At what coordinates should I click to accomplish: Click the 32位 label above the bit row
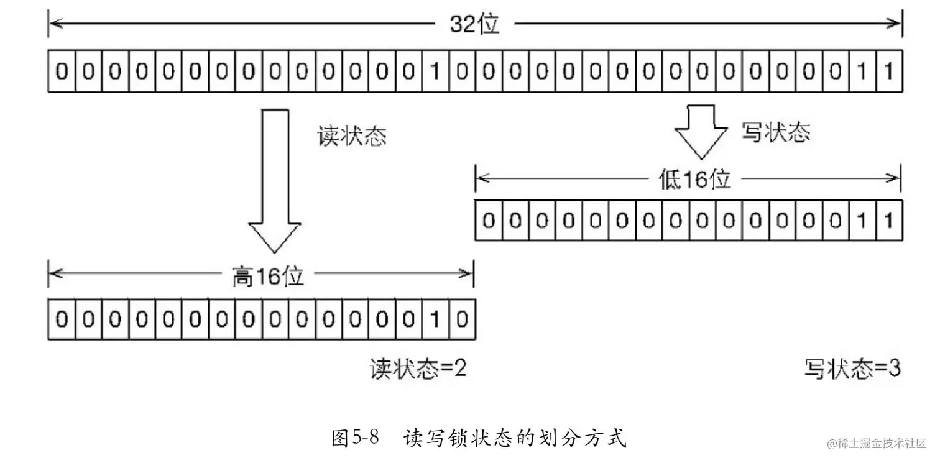[474, 24]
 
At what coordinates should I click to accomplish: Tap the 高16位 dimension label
[268, 277]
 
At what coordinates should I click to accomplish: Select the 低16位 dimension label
[695, 179]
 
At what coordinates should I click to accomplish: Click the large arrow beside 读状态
[275, 181]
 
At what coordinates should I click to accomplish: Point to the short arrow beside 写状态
[701, 132]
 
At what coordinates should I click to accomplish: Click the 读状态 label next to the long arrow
[352, 136]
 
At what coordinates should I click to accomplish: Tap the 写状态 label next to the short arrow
[776, 132]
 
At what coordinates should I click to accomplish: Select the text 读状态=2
[418, 369]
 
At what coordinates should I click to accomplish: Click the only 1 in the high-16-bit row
[435, 319]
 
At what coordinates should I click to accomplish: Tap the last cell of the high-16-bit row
[462, 319]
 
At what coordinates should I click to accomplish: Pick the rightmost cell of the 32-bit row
[889, 71]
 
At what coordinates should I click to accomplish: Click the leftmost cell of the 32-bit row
[62, 71]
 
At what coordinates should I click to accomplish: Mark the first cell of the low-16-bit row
[489, 221]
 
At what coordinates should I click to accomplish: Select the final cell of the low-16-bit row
[889, 221]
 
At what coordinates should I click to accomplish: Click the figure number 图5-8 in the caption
[355, 438]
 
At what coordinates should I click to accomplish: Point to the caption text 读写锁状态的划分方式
[515, 438]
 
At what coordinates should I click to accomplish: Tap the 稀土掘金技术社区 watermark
[877, 444]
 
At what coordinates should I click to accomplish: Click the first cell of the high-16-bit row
[62, 319]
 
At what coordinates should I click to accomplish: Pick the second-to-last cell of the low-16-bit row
[862, 221]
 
